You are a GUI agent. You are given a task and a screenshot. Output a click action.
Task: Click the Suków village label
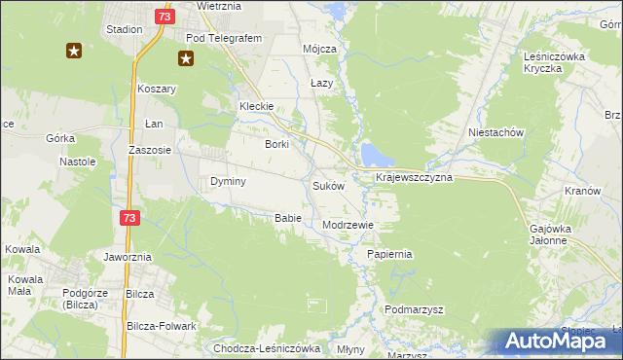328,186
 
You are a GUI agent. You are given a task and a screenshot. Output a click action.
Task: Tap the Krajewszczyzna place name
414,180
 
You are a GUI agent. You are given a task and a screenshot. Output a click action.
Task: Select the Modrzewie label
348,225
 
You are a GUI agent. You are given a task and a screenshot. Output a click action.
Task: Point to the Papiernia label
390,254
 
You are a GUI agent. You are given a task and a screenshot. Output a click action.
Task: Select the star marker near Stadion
74,51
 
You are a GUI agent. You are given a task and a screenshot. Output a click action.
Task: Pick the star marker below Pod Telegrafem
185,57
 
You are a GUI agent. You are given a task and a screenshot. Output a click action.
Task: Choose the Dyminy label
228,182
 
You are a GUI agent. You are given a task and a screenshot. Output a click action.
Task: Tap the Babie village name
287,218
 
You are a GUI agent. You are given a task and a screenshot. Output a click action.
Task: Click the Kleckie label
257,107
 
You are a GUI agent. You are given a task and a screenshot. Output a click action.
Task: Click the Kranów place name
582,192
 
